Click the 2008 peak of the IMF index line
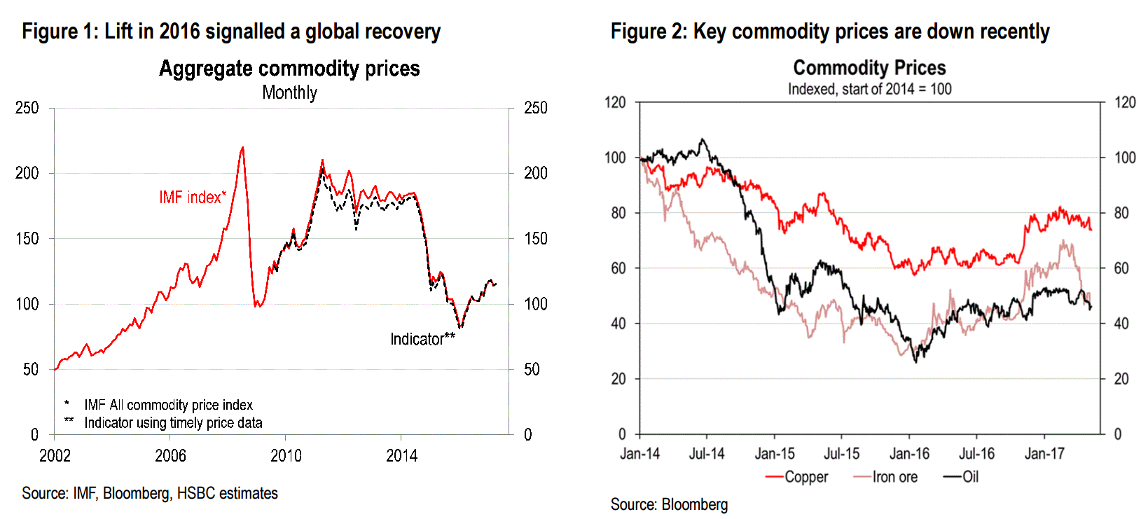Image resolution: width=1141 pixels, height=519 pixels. click(x=242, y=148)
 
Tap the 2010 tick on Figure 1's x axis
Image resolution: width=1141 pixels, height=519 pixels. click(x=286, y=456)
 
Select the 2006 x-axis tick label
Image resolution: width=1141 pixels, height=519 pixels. click(x=170, y=456)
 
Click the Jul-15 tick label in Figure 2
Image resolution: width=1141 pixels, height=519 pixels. click(x=841, y=454)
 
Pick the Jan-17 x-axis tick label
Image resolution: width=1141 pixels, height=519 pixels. click(x=1044, y=454)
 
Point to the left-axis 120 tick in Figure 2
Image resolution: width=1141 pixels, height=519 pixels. click(x=615, y=102)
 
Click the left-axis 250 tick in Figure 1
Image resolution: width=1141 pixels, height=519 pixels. click(x=27, y=108)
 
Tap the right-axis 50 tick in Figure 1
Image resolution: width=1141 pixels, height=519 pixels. click(x=532, y=369)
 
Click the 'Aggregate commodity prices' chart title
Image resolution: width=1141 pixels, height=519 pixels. click(x=289, y=69)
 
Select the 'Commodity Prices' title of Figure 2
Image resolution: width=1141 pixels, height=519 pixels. click(x=869, y=68)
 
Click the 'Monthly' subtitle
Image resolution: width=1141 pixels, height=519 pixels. click(x=289, y=92)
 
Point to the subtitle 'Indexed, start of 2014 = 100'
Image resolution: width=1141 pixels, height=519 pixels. click(x=869, y=89)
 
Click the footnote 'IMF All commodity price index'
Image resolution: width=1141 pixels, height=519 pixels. click(x=168, y=405)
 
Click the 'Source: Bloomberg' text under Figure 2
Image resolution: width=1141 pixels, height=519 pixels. click(x=669, y=504)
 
